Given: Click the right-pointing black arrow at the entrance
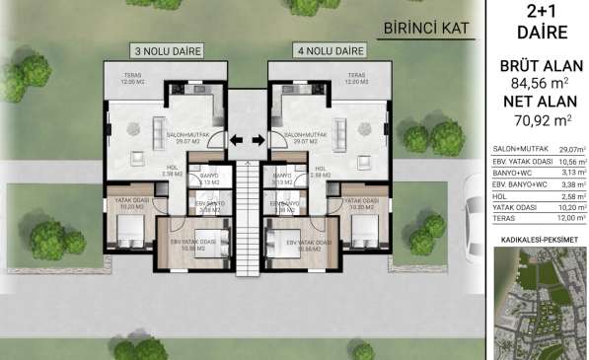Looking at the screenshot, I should (x=258, y=139).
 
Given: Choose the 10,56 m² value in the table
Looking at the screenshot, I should (x=570, y=162).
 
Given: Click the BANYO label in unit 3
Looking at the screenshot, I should (x=209, y=178).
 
